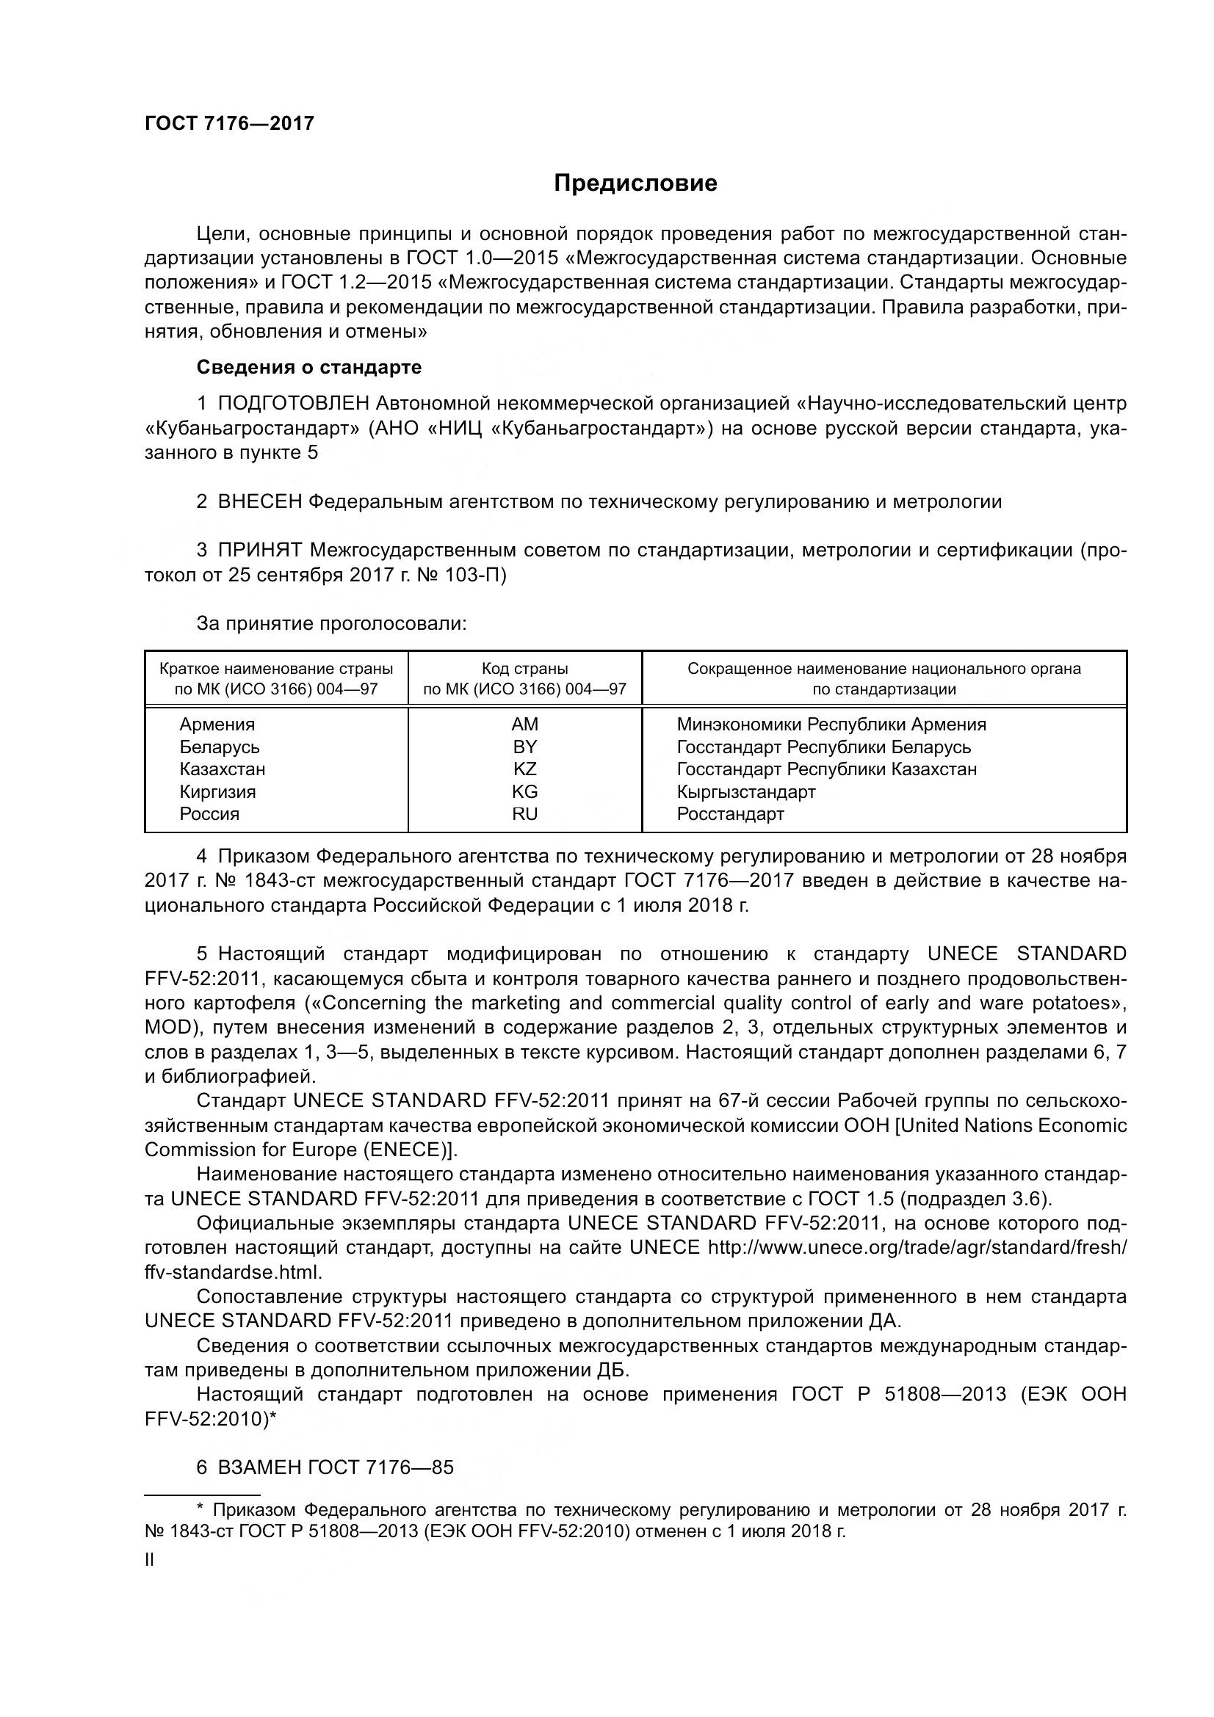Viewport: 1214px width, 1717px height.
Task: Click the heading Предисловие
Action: [x=635, y=184]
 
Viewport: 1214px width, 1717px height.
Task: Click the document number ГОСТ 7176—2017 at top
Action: [x=230, y=124]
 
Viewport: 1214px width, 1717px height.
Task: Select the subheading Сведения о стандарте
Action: [x=309, y=367]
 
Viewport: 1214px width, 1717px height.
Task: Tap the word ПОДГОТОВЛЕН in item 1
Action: [x=293, y=404]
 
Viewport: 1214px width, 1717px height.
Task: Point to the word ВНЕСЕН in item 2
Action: [x=259, y=502]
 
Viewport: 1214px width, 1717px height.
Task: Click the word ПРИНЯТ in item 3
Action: [x=259, y=551]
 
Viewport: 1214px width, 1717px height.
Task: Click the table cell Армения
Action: [x=217, y=724]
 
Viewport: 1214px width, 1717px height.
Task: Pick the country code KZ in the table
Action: [x=524, y=769]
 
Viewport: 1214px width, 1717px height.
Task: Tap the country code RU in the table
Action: [x=524, y=813]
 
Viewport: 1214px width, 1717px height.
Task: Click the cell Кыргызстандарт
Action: [x=745, y=791]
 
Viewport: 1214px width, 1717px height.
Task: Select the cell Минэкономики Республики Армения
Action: [x=831, y=724]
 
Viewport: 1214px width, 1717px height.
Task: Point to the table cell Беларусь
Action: [x=219, y=747]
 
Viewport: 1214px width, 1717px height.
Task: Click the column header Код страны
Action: [x=524, y=669]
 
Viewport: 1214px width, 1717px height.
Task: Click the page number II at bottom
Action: [x=150, y=1560]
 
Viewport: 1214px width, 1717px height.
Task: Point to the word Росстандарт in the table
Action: [x=730, y=813]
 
